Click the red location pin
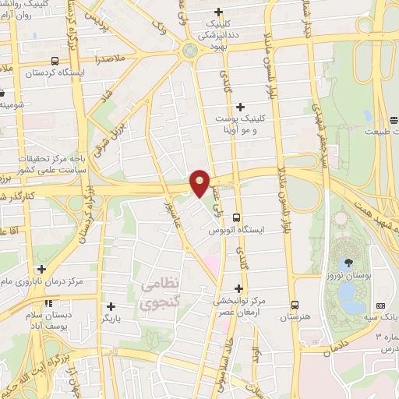click(200, 182)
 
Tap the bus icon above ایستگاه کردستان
click(54, 61)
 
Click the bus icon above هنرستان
click(295, 305)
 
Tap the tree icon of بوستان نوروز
click(348, 263)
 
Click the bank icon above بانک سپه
click(380, 305)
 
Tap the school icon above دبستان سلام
click(48, 303)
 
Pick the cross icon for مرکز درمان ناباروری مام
click(41, 268)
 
